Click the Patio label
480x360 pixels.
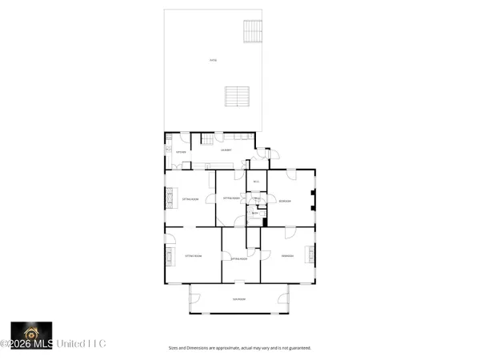click(212, 61)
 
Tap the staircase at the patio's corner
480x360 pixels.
click(253, 31)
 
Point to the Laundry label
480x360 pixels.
click(226, 150)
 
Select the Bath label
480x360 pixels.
click(254, 214)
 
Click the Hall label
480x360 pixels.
click(256, 198)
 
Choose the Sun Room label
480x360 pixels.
click(238, 299)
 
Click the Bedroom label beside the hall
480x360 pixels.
click(284, 201)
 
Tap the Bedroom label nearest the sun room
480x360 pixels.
click(287, 256)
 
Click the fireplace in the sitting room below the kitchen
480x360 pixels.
click(169, 197)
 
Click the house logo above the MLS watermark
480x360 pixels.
click(31, 330)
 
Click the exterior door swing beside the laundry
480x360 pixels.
click(272, 153)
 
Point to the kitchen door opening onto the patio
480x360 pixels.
click(184, 138)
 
